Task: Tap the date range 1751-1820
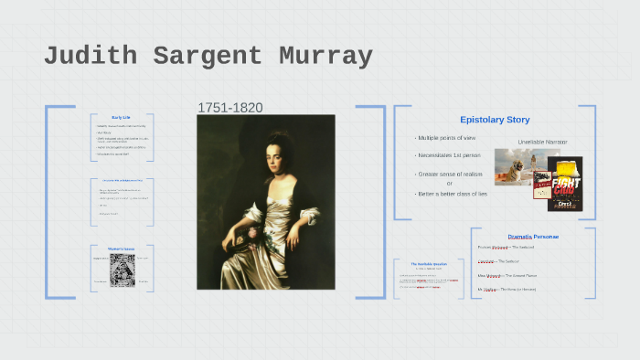230,108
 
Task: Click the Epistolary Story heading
495,120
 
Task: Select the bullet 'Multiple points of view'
446,138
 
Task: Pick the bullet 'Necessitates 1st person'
448,155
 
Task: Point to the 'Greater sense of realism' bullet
449,174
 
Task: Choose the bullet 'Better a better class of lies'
452,194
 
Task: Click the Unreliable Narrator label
542,143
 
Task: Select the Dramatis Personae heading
533,237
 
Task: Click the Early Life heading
123,118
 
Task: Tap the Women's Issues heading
123,249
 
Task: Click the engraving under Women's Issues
123,270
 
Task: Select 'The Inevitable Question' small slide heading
427,264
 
